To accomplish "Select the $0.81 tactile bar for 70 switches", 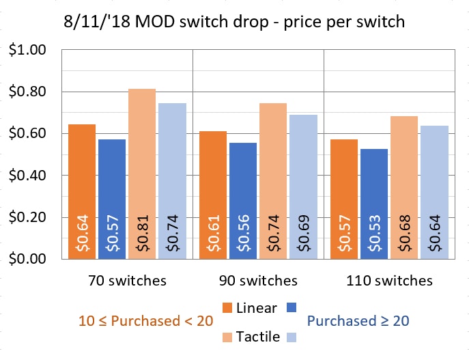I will pos(142,174).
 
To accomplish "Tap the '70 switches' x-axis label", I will pos(127,280).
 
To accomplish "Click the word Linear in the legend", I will pos(257,307).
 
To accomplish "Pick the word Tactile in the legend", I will pos(258,336).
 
